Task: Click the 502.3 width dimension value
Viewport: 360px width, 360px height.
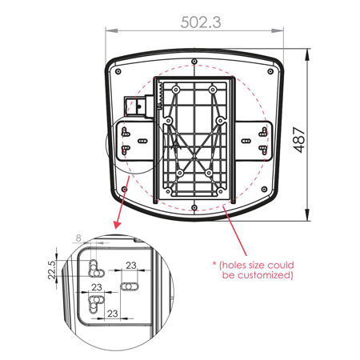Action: tap(201, 22)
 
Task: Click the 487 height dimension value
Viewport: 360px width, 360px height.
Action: tap(299, 140)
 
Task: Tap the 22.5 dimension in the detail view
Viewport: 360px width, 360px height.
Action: tap(52, 270)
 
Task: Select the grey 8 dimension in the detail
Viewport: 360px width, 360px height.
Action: tap(78, 238)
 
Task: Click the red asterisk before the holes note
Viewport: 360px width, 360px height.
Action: tap(214, 264)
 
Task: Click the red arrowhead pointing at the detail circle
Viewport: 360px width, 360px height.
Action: tap(117, 225)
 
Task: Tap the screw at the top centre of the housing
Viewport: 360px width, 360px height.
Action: tap(194, 62)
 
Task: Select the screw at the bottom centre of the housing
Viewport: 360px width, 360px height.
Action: tap(194, 207)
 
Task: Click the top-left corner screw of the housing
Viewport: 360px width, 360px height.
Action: tap(118, 71)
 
